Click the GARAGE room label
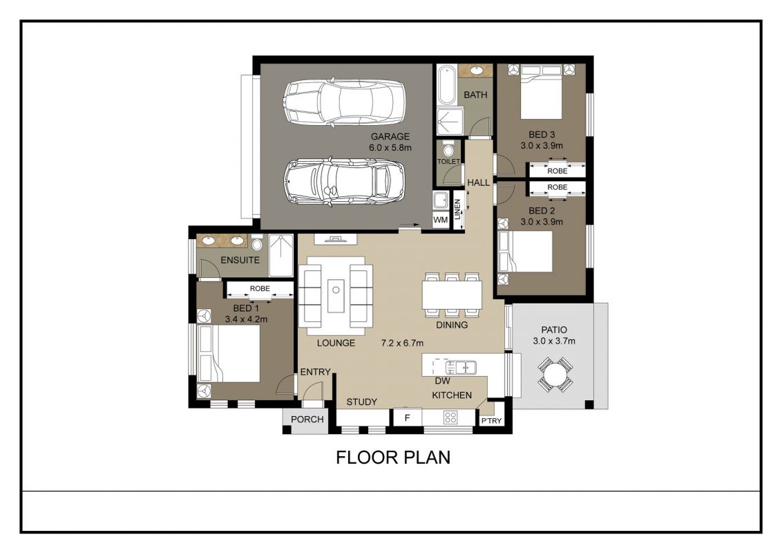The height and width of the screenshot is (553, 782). point(390,136)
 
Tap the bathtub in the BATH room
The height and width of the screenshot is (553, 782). point(447,85)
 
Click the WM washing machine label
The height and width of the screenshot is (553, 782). point(440,220)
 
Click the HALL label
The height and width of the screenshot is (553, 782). point(478,182)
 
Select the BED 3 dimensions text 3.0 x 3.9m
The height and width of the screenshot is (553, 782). point(542,146)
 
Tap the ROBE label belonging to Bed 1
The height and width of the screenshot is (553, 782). point(260,288)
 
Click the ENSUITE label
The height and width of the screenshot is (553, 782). point(240,260)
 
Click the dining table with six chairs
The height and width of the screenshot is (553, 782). point(452,295)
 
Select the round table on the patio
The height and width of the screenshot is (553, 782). point(555,374)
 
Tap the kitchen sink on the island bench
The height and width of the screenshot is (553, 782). point(460,368)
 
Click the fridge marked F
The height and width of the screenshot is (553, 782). point(407,418)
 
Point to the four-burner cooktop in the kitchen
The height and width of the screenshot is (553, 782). point(450,418)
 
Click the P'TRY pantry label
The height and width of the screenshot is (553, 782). point(491,421)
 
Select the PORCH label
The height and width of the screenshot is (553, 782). point(307,419)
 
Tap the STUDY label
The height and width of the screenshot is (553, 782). point(361,402)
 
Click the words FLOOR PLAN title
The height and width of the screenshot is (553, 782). point(393,457)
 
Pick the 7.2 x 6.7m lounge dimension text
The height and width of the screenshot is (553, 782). point(402,343)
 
